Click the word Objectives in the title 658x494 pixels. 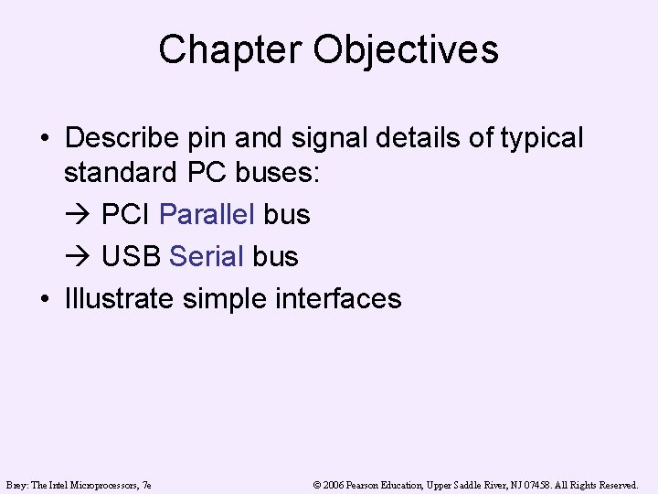(407, 49)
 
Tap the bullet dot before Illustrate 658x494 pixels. (44, 299)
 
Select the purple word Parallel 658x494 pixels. (207, 215)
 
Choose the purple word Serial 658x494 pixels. (207, 256)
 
